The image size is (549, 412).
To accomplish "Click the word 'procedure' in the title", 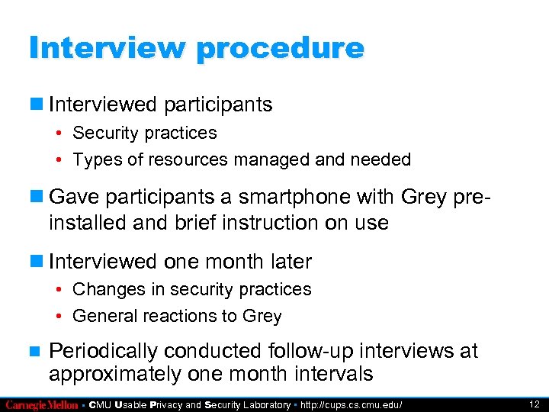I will pos(281,48).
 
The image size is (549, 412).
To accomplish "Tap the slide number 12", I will pos(534,404).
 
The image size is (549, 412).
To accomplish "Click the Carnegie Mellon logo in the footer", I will pos(43,404).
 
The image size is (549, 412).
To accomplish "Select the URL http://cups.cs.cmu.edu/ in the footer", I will pos(352,404).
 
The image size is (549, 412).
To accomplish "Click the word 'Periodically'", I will pos(103,351).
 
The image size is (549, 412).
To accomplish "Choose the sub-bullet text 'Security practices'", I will pos(145,133).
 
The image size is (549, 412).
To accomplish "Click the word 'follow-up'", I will pos(316,351).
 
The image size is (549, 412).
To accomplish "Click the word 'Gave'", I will pos(74,197).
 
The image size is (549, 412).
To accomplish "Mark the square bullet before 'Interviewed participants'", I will pos(36,105).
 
